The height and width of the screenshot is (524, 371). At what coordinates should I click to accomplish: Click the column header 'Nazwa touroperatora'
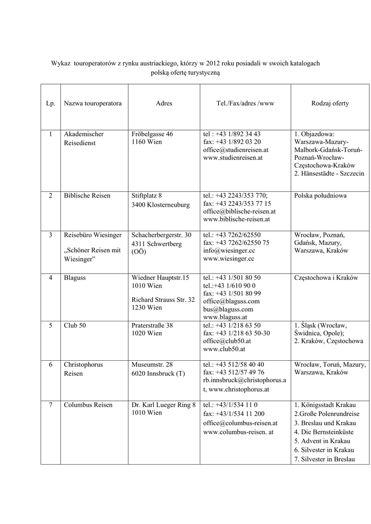[x=93, y=103]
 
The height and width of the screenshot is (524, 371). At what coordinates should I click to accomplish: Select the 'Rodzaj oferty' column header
[x=330, y=103]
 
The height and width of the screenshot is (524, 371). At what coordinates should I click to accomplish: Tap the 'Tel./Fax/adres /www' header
[x=245, y=103]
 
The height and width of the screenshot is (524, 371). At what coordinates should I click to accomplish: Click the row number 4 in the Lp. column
[x=50, y=277]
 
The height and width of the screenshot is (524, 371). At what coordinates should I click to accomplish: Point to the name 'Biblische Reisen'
[x=87, y=195]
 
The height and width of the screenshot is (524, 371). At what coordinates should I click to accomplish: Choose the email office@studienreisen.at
[x=236, y=150]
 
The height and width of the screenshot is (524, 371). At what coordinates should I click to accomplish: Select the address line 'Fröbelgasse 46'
[x=152, y=134]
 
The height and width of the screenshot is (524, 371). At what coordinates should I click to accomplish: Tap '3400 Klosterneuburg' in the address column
[x=160, y=205]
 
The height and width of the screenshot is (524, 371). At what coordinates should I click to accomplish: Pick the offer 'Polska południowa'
[x=320, y=195]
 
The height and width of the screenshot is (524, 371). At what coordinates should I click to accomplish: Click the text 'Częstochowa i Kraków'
[x=326, y=277]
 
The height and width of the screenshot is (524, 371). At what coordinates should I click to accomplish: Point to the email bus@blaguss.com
[x=228, y=309]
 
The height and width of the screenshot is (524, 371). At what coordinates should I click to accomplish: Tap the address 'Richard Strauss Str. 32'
[x=163, y=299]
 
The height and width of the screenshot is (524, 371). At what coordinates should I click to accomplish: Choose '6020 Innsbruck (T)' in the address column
[x=158, y=374]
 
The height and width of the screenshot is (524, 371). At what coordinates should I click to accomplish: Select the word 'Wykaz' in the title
[x=60, y=63]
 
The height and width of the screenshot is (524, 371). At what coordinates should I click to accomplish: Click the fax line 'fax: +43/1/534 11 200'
[x=234, y=413]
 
